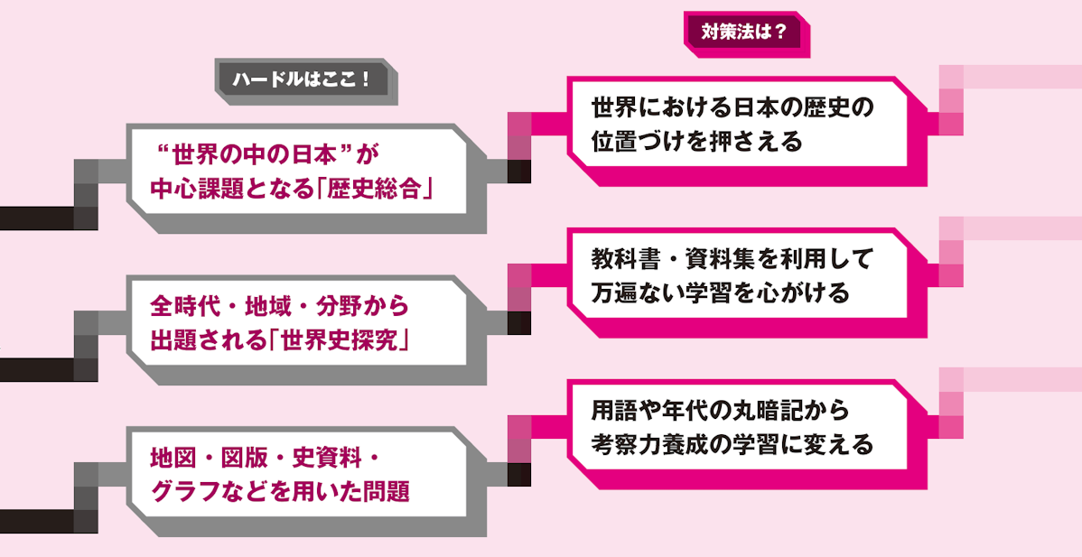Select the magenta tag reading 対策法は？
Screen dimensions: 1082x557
(x=743, y=32)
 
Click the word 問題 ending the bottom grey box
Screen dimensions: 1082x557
(x=386, y=492)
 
